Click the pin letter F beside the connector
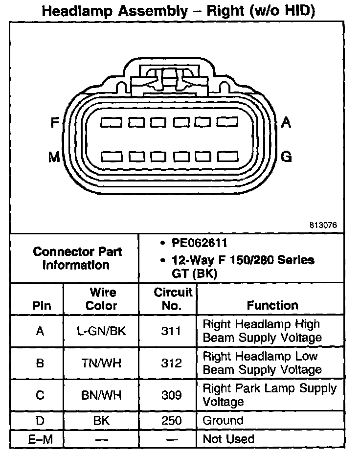(x=55, y=123)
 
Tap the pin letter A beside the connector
(x=286, y=123)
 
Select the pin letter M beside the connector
(x=54, y=157)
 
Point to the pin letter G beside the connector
(x=287, y=157)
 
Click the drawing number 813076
(x=323, y=226)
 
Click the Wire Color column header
(x=102, y=299)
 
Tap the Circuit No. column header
(x=173, y=299)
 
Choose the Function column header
(x=272, y=305)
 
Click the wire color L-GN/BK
(x=102, y=331)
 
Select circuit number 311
(x=171, y=331)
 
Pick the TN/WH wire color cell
(x=102, y=363)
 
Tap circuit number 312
(x=171, y=363)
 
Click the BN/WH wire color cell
(x=102, y=395)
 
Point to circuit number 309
(x=171, y=395)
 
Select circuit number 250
(x=171, y=420)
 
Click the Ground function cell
(x=223, y=420)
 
